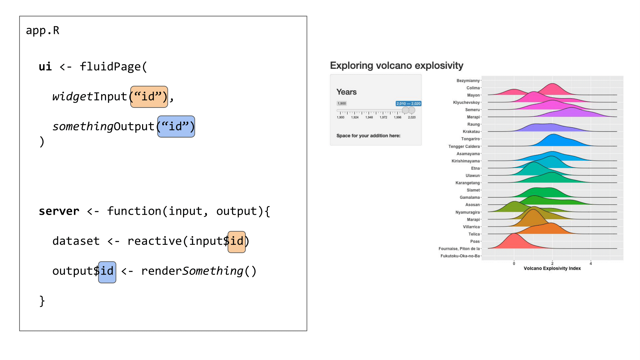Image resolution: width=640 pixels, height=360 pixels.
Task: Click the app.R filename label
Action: (43, 30)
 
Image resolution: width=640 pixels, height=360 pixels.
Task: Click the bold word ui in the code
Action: (45, 67)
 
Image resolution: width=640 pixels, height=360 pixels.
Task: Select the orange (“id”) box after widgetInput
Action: (149, 97)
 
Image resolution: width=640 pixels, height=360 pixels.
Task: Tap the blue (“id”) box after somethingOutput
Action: (176, 126)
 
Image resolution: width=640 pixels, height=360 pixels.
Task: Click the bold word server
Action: (59, 211)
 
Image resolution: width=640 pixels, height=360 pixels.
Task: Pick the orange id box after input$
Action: (236, 242)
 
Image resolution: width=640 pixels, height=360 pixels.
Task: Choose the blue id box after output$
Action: (107, 272)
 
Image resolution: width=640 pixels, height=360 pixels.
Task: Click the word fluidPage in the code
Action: (110, 67)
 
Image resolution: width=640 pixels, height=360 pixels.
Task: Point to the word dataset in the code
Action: (76, 241)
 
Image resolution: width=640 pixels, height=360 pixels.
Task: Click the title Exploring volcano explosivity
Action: (396, 66)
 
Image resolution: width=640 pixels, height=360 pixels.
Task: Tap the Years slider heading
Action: (346, 92)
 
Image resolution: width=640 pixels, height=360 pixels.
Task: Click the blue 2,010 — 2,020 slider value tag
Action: (408, 104)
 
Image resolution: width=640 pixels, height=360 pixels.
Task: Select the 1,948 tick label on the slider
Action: (369, 117)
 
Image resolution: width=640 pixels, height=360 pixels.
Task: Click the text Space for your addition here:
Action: (368, 136)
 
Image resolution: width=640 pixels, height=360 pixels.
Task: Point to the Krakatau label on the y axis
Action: (471, 132)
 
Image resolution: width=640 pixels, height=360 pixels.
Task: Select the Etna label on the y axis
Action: (475, 168)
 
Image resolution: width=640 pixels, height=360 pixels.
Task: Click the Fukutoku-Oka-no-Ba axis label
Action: (460, 256)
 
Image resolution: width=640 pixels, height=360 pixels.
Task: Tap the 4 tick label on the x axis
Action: (591, 264)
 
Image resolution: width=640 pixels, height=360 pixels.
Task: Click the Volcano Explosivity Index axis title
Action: (552, 268)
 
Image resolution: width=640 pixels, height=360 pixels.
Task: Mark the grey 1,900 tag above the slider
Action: (342, 103)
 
